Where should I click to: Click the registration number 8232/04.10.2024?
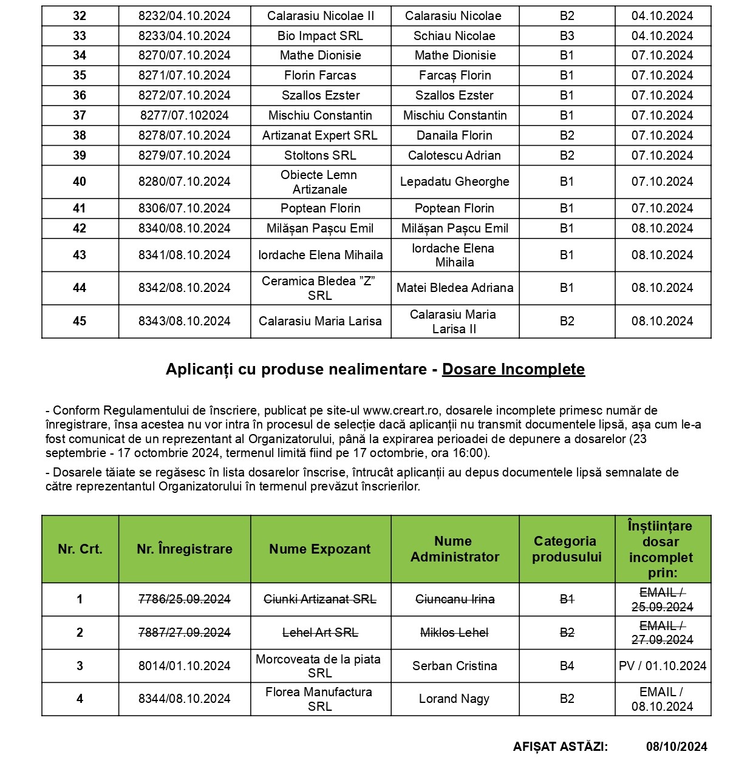pyautogui.click(x=184, y=16)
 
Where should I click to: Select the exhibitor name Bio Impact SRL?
pyautogui.click(x=320, y=36)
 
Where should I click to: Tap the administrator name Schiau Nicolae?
pyautogui.click(x=454, y=36)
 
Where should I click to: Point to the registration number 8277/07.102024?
pyautogui.click(x=184, y=115)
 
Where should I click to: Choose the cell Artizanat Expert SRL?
pyautogui.click(x=320, y=135)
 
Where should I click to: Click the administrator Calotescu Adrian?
pyautogui.click(x=454, y=155)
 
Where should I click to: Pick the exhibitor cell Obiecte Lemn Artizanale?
pyautogui.click(x=320, y=182)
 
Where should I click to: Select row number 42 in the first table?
pyautogui.click(x=80, y=228)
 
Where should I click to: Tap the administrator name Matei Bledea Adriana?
pyautogui.click(x=454, y=288)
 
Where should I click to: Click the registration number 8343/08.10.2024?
pyautogui.click(x=184, y=321)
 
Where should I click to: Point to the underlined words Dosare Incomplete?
pyautogui.click(x=513, y=369)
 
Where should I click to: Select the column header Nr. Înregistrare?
pyautogui.click(x=184, y=549)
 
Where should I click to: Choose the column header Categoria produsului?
pyautogui.click(x=567, y=549)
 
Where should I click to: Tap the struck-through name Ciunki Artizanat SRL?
pyautogui.click(x=320, y=599)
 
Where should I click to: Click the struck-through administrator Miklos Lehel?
pyautogui.click(x=454, y=632)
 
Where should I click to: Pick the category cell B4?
pyautogui.click(x=567, y=666)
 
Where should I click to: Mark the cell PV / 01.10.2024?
pyautogui.click(x=663, y=666)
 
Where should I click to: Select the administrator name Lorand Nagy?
pyautogui.click(x=454, y=699)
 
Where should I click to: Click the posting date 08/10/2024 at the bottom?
pyautogui.click(x=676, y=747)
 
